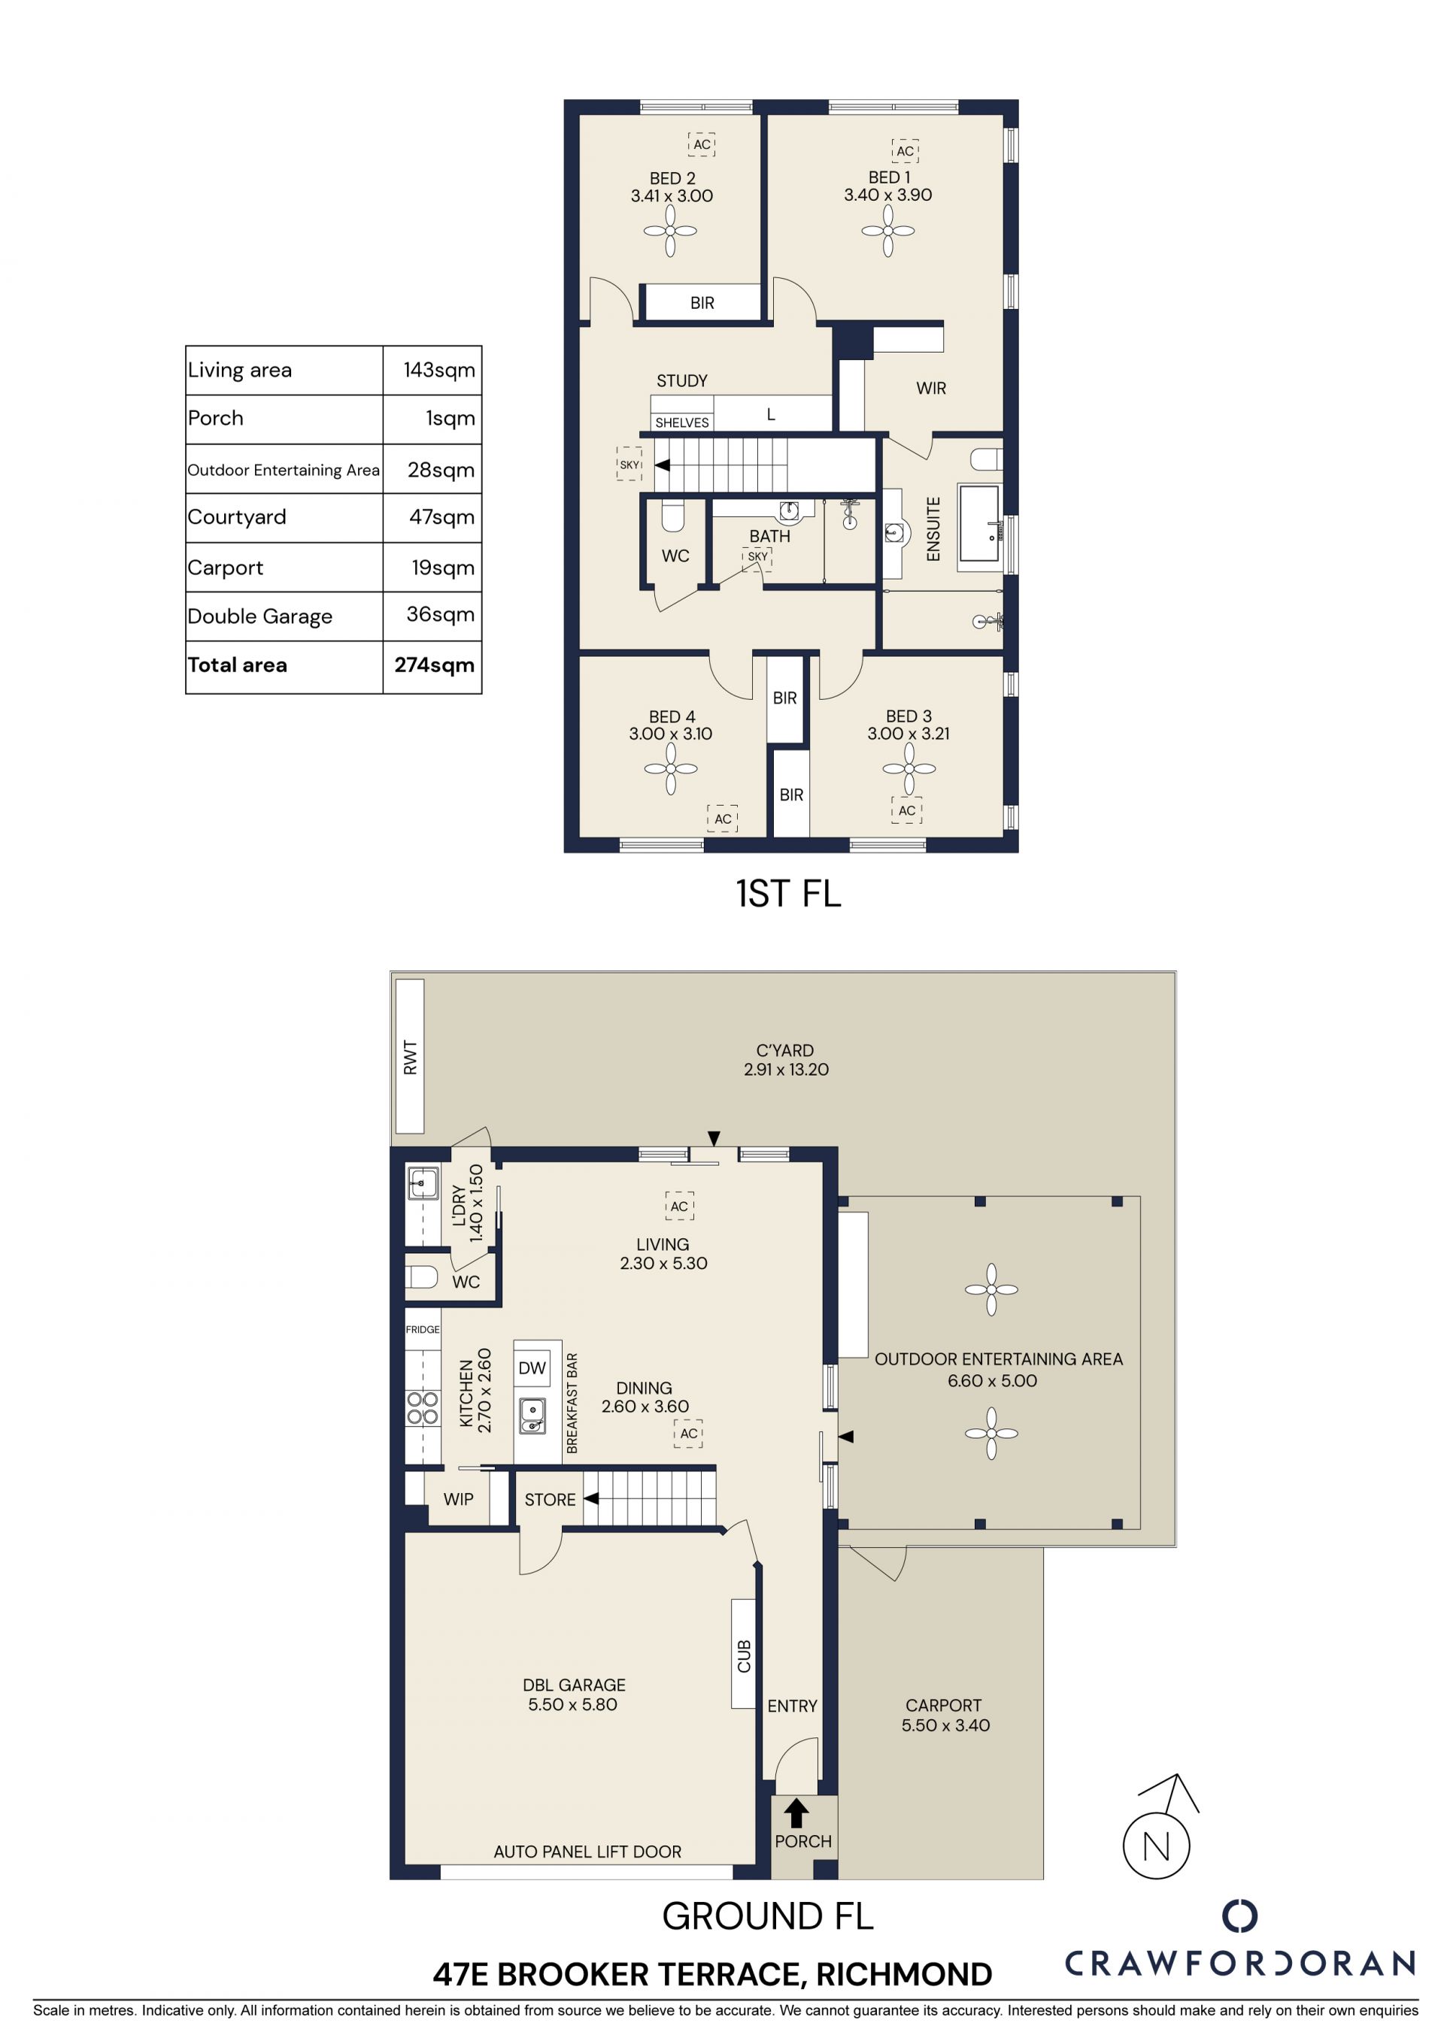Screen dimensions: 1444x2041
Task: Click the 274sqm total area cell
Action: click(433, 666)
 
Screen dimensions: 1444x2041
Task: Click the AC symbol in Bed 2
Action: click(702, 144)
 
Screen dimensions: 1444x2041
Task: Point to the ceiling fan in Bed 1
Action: click(887, 231)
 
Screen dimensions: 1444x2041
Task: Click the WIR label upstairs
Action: click(931, 389)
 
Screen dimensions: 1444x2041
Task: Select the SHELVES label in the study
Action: click(682, 423)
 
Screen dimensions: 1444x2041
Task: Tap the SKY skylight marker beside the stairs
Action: click(629, 464)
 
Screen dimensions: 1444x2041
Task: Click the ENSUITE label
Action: click(933, 529)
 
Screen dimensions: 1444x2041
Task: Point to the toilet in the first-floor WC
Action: click(673, 516)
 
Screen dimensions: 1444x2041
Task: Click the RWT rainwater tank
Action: click(410, 1056)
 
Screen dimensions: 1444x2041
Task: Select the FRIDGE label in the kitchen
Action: click(423, 1330)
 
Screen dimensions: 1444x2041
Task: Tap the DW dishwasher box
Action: click(532, 1368)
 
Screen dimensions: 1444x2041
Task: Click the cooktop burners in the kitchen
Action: click(423, 1408)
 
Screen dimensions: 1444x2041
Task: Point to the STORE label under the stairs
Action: click(550, 1500)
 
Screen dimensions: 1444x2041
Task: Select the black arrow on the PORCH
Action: click(796, 1813)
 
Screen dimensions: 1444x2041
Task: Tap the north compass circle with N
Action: click(1156, 1846)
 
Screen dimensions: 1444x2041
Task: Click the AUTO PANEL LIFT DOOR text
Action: click(587, 1852)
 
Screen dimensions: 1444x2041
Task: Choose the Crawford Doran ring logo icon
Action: click(1239, 1915)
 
